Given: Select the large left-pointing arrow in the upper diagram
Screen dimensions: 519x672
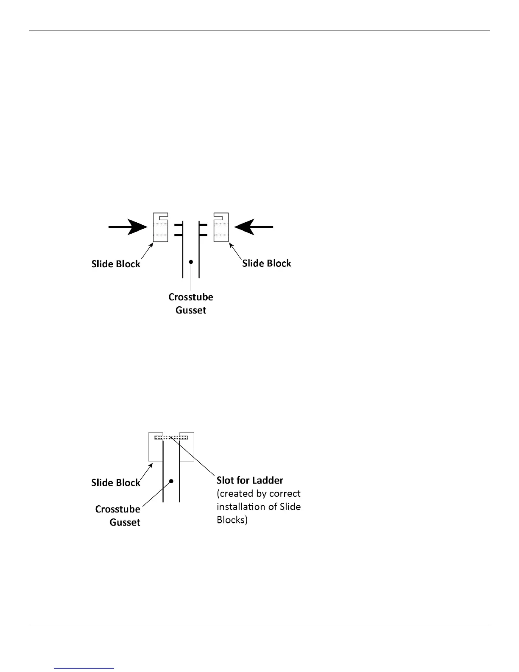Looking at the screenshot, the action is pos(254,227).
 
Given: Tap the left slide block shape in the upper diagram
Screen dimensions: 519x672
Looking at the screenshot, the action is pos(160,227).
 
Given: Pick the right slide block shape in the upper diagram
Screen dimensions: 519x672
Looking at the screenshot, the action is pos(221,227).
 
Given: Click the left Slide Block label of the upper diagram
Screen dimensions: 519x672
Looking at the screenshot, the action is pos(116,264).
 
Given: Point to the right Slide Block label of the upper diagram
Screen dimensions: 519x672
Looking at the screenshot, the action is pos(267,263).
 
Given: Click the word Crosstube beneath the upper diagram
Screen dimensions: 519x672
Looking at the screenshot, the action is pos(191,297).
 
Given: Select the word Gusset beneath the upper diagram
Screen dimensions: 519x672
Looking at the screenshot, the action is pos(191,310).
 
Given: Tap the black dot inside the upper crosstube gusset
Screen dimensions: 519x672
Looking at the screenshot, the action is pos(191,262).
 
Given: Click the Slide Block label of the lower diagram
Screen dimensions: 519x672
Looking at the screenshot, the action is pos(116,482).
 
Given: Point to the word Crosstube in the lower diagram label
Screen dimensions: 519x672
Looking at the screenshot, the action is pos(117,509).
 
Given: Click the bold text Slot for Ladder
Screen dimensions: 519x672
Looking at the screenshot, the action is pos(250,480).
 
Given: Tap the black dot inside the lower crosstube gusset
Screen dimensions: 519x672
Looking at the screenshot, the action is pos(171,481).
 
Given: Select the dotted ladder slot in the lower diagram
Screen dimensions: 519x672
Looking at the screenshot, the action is pos(171,437).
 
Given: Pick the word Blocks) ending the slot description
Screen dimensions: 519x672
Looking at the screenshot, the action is pos(232,520).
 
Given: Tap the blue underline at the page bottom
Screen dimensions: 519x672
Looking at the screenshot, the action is pos(84,669).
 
